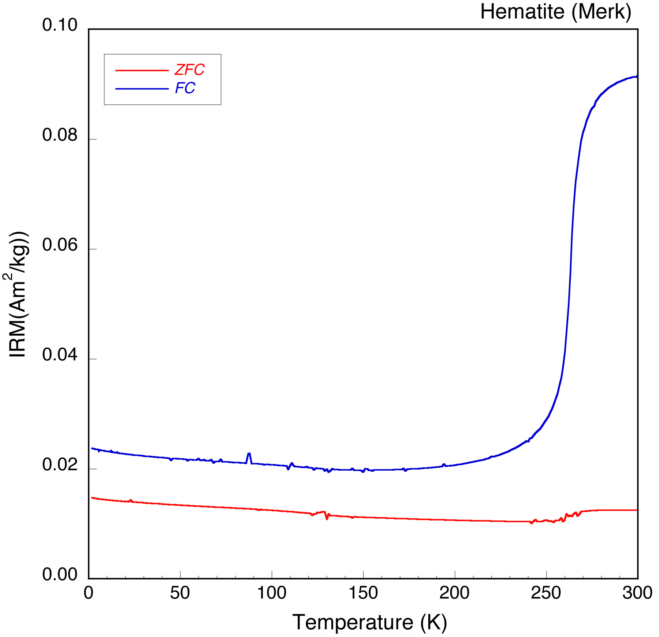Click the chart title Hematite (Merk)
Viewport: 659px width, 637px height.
coord(555,12)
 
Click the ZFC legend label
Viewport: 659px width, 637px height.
coord(190,70)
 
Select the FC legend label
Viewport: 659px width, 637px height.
coord(185,88)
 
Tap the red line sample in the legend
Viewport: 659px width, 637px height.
coord(142,70)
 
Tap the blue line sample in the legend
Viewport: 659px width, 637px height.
coord(142,89)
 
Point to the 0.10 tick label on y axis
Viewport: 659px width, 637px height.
coord(60,25)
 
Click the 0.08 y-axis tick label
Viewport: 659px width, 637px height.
coord(60,135)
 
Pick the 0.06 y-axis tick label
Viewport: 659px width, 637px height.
coord(60,245)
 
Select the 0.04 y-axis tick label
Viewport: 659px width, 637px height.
coord(60,355)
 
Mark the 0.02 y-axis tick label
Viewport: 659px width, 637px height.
coord(60,465)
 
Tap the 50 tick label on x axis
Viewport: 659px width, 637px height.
coord(180,593)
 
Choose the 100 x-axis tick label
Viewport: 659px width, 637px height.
coord(271,593)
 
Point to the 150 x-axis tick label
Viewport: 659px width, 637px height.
coord(363,593)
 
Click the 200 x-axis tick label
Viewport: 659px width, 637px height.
coord(454,593)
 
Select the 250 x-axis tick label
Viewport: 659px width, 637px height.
coord(546,593)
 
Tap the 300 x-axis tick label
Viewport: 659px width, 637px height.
coord(637,593)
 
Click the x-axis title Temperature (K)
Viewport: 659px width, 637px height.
coord(369,622)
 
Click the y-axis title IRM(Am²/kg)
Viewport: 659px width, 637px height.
coord(18,295)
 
